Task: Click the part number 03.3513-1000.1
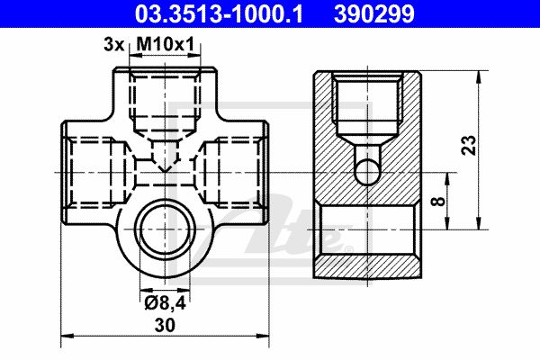coord(219,14)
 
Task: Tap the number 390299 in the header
coord(374,14)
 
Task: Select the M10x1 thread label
coord(166,44)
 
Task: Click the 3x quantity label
coord(113,45)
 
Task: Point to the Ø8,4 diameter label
coord(166,302)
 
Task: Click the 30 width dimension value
coord(165,325)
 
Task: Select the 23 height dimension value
coord(469,145)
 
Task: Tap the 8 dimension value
coord(438,201)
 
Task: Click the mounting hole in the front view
coord(165,229)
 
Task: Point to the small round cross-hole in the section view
coord(368,172)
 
